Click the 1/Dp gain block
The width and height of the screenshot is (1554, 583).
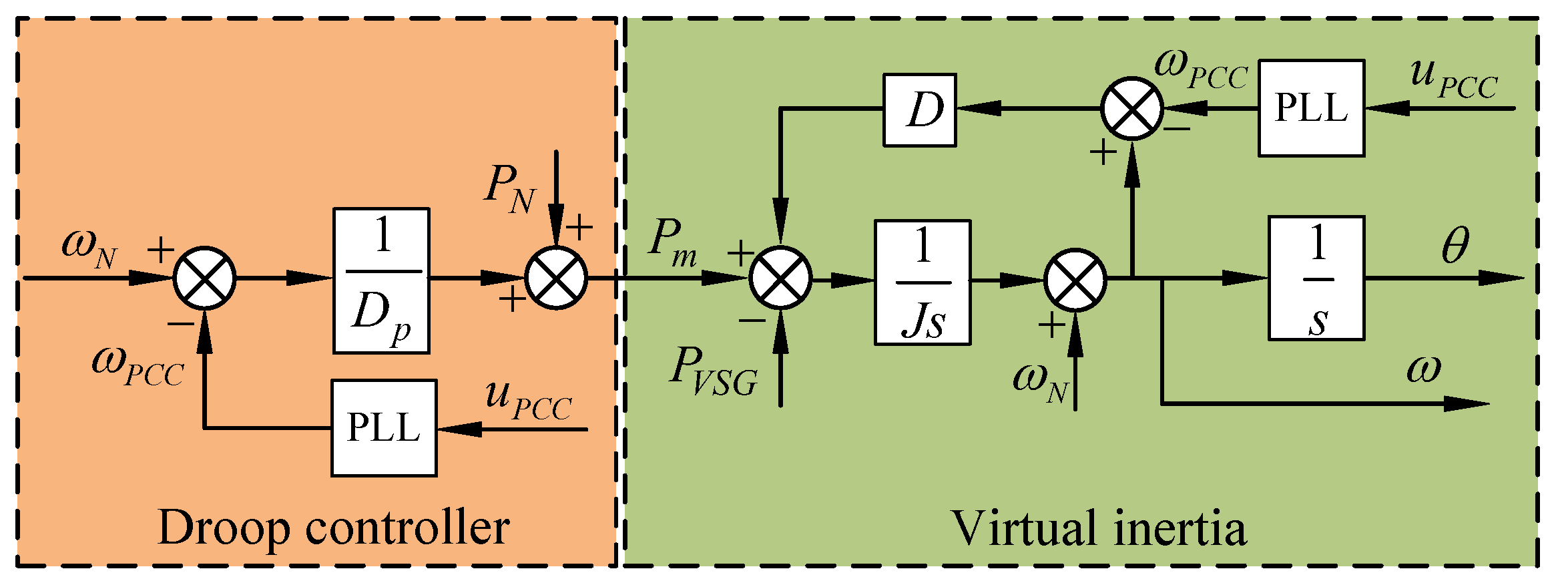coord(381,280)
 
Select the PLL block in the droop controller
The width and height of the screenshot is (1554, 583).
coord(384,428)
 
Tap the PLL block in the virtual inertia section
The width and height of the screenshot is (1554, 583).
coord(1311,108)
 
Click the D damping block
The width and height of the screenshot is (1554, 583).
coord(919,110)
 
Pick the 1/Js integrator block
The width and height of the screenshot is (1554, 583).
coord(923,282)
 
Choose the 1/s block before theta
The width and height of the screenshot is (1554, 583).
coord(1316,278)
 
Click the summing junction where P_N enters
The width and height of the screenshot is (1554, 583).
coord(556,278)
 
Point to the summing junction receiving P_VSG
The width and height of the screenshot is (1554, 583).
coord(780,278)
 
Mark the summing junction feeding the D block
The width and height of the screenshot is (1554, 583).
coord(1131,109)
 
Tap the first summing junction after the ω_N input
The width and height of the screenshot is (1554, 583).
coord(204,278)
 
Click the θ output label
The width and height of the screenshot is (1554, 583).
coord(1455,246)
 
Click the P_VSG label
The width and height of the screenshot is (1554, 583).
coord(713,373)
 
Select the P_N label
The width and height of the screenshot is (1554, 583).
coord(509,190)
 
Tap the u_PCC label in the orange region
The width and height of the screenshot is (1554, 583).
coord(528,400)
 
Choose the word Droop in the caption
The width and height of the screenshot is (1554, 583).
coord(224,528)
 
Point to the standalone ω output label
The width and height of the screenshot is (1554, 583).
coord(1423,369)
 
